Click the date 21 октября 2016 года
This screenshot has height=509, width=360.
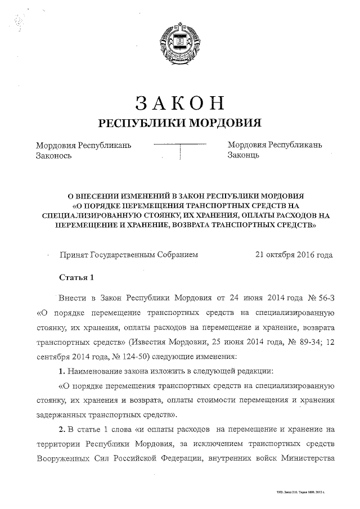pos(294,254)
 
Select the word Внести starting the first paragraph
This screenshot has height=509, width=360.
pos(72,298)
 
